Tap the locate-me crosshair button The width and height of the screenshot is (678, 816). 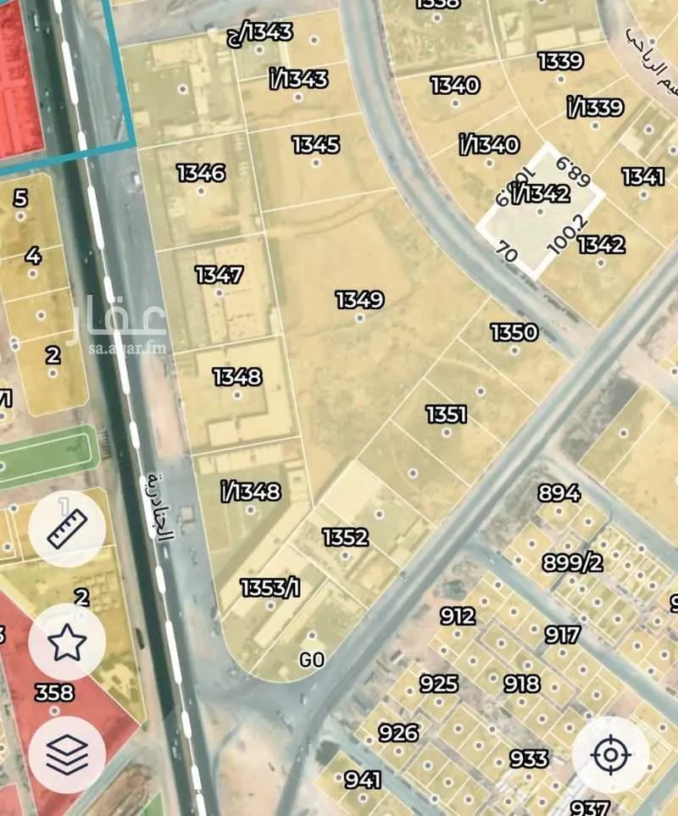click(x=610, y=754)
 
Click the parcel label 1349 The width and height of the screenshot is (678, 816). click(x=359, y=300)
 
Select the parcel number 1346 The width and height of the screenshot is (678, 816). click(x=201, y=173)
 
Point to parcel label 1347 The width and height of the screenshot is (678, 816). click(x=219, y=275)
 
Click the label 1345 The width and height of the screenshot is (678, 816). click(x=315, y=145)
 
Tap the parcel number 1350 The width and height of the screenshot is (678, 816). click(x=514, y=332)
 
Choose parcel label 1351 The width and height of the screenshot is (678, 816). click(x=447, y=414)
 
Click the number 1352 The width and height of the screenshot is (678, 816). click(x=345, y=537)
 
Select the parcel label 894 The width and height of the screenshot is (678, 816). click(x=559, y=493)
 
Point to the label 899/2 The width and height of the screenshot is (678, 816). click(x=572, y=563)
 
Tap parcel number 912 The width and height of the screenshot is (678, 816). click(x=458, y=616)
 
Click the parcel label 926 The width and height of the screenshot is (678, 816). click(x=398, y=732)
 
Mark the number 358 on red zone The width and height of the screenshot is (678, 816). click(x=54, y=693)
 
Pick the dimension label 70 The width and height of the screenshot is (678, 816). click(x=506, y=252)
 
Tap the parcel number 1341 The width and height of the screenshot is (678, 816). click(x=642, y=176)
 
